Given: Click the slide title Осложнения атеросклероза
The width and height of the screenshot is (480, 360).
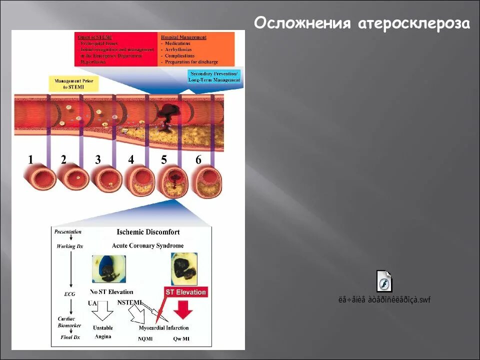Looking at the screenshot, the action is pos(361,24).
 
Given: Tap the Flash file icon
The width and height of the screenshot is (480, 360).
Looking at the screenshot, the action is pos(384,281).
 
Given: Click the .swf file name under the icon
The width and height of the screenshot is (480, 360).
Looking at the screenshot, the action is pos(384,300).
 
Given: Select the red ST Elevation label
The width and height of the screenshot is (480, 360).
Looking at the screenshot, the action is pos(185,292).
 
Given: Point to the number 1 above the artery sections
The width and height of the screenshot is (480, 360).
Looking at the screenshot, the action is pos(31,160).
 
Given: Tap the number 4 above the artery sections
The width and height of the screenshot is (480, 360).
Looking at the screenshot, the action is pos(131,159).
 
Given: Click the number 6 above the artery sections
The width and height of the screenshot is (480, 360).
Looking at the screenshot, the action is pos(198,160).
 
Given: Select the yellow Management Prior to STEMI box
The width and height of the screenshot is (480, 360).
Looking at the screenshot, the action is pos(73,83).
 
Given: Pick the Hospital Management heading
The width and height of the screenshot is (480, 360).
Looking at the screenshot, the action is pos(183,37).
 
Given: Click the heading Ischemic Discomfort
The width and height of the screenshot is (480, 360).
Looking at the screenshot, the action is pos(148,232).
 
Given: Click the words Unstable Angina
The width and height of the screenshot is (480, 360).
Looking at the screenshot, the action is pos(102,332).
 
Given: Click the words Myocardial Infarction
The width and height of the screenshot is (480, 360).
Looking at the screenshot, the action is pos(163,328).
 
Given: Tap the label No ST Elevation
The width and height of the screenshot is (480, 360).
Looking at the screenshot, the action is pos(111,291).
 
